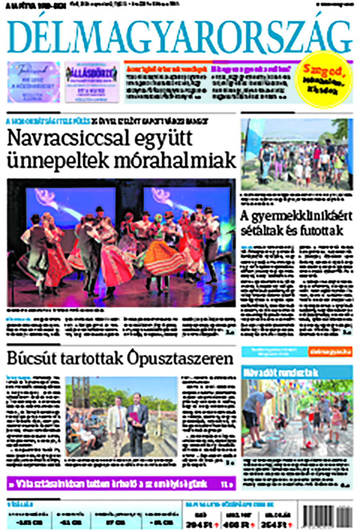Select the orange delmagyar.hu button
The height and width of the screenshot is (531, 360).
coord(330,352)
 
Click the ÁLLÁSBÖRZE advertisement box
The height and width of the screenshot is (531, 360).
coord(92,82)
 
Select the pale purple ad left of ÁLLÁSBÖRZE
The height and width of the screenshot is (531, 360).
coord(34,82)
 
